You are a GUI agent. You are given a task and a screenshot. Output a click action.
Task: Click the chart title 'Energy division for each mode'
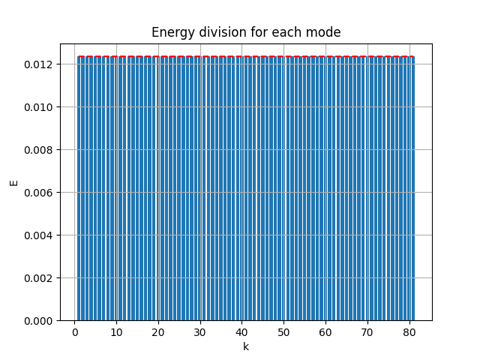(x=246, y=32)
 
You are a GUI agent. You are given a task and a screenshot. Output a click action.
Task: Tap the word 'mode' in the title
(x=326, y=32)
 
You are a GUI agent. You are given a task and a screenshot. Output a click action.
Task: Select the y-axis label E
(x=13, y=182)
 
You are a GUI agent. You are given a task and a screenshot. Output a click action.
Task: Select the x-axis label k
(x=245, y=346)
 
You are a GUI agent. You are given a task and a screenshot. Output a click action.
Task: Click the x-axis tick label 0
(x=74, y=331)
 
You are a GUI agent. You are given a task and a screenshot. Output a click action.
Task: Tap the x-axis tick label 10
(x=115, y=331)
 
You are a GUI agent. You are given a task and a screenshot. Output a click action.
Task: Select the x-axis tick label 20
(x=157, y=331)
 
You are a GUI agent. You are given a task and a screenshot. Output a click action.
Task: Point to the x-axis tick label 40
(x=241, y=331)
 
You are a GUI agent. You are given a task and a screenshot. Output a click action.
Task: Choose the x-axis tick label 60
(x=325, y=331)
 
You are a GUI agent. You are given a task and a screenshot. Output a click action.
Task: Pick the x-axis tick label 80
(x=408, y=331)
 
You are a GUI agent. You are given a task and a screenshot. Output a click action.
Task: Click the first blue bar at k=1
(x=79, y=187)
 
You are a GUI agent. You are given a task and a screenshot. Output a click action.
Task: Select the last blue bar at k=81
(x=412, y=187)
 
